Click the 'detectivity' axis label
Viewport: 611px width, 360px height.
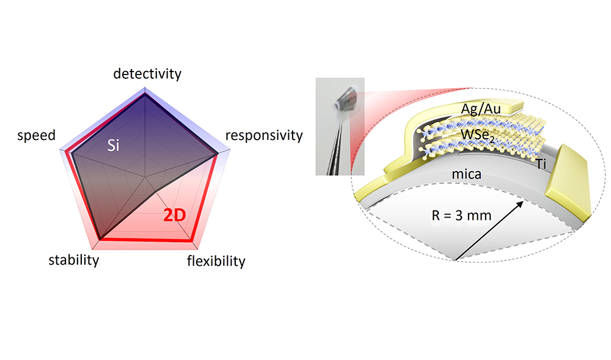tap(147, 74)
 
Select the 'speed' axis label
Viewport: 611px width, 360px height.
tap(37, 135)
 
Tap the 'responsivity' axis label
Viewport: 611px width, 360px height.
tap(264, 135)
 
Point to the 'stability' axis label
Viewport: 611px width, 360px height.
tap(73, 260)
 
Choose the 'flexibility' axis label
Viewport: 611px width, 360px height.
tap(216, 262)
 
